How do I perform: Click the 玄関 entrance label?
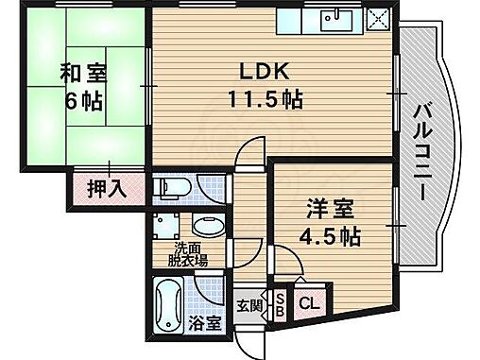click(251, 304)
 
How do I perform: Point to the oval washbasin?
click(208, 227)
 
